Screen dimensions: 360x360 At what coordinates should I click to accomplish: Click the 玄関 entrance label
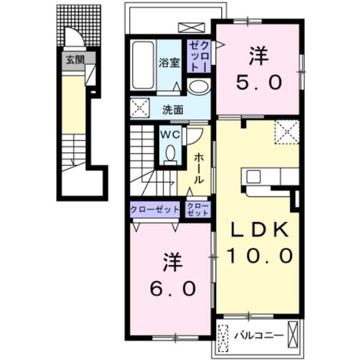(75, 60)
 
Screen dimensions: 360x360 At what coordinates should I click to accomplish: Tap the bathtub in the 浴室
(143, 65)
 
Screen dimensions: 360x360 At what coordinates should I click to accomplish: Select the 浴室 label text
(169, 62)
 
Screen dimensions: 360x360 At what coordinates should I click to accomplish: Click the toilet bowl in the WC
(170, 152)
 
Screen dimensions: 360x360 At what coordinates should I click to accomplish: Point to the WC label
(170, 135)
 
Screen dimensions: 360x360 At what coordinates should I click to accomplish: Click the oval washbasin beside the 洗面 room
(199, 86)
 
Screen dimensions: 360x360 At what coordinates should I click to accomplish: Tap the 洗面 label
(173, 110)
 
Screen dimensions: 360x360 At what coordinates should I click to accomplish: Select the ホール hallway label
(199, 169)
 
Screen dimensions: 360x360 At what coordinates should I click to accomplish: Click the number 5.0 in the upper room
(259, 83)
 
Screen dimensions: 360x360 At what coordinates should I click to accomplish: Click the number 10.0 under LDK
(260, 256)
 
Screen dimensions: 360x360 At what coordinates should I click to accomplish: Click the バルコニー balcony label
(259, 336)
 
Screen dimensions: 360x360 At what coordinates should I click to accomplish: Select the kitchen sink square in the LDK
(254, 177)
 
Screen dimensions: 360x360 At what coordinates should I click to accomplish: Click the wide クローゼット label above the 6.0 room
(155, 209)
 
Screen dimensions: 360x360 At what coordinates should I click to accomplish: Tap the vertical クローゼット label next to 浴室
(199, 56)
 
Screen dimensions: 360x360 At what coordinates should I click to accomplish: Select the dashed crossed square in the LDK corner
(287, 132)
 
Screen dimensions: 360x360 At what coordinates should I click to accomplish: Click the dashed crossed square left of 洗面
(140, 108)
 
